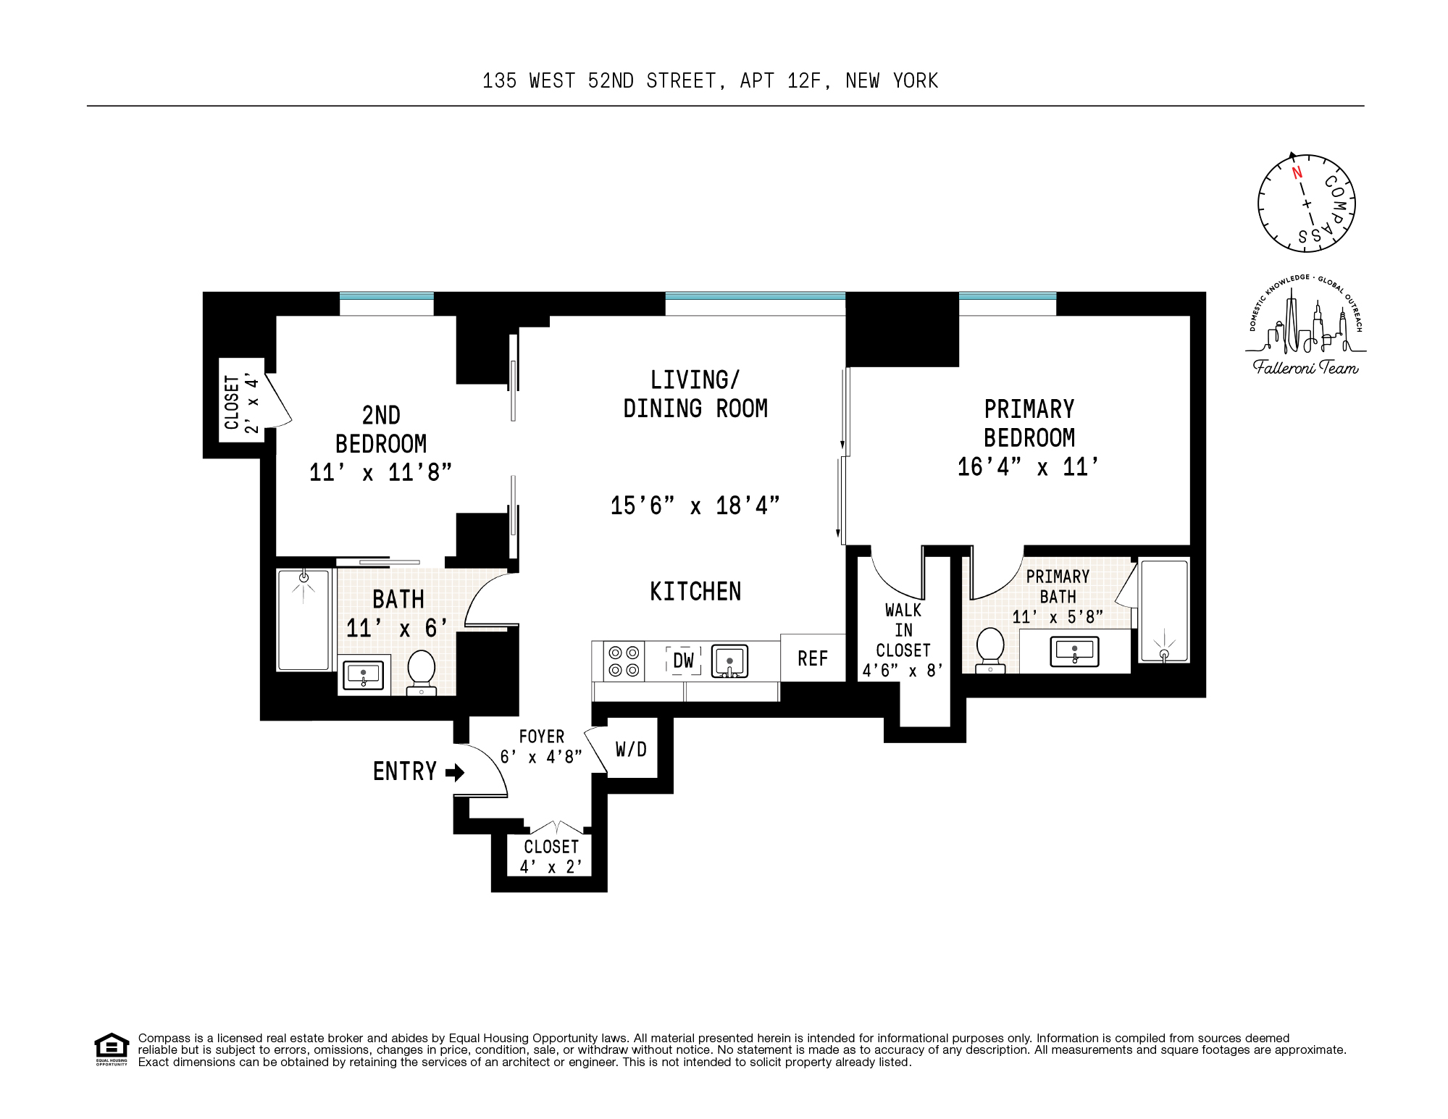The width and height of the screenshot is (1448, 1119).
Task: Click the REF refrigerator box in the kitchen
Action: coord(813,658)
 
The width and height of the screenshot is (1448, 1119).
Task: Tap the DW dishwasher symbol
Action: coord(683,660)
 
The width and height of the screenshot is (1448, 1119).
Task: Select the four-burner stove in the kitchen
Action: coord(624,661)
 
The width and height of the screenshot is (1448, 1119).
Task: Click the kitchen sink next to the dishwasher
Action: coord(729,661)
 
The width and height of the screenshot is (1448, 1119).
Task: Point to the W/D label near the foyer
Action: coord(631,749)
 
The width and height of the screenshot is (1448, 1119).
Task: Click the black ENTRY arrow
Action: coord(455,772)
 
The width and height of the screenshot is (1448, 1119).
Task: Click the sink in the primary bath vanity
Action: coord(1074,651)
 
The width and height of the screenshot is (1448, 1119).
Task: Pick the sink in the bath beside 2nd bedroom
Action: coord(363,675)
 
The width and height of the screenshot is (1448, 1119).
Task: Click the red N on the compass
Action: coord(1297,172)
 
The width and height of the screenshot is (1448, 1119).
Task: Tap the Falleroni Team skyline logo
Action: coord(1306,326)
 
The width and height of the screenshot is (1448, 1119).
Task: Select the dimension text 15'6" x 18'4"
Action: coord(695,506)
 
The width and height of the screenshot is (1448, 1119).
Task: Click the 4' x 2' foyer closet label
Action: coord(551,856)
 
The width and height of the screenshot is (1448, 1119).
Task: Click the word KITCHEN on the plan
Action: coord(695,592)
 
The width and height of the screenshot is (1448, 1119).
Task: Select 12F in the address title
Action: coord(804,81)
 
